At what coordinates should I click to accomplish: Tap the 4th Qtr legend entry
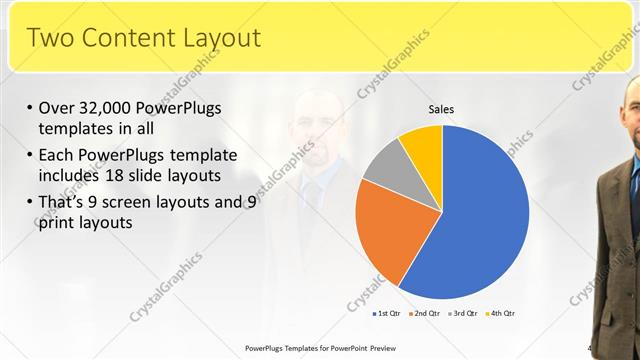click(499, 314)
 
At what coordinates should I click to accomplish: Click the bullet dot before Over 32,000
click(30, 108)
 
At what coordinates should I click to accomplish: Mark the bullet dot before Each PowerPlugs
click(30, 156)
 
